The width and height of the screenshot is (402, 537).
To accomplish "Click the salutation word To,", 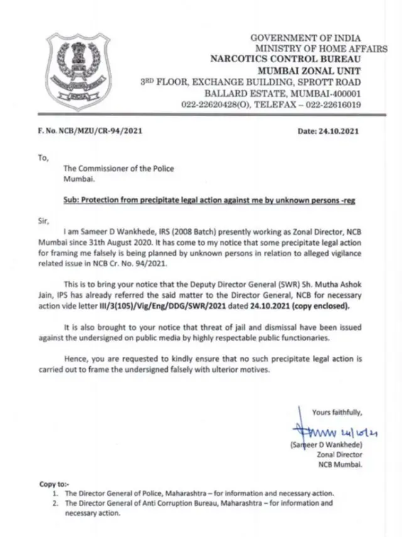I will click(x=43, y=158).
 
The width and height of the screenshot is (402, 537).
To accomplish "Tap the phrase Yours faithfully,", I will click(x=336, y=412).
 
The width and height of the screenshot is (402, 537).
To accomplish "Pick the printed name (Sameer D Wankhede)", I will click(x=326, y=445).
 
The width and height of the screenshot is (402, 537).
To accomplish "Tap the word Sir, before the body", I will click(x=43, y=220).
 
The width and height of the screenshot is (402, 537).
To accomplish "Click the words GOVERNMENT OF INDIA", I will click(x=306, y=38).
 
